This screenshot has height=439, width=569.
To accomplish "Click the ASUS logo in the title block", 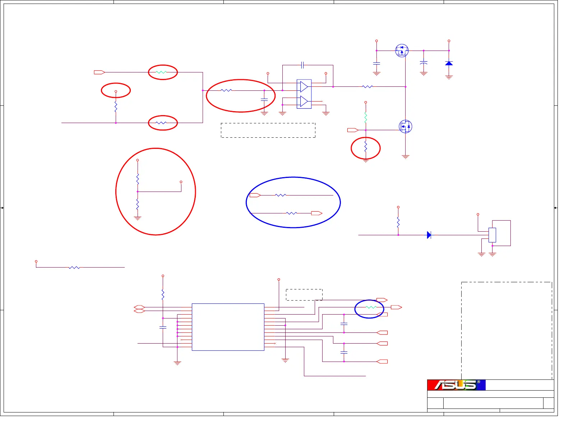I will pyautogui.click(x=456, y=385).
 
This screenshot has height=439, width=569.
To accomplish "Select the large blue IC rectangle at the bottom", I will pyautogui.click(x=228, y=327).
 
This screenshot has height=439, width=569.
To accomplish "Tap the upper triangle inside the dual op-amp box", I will pyautogui.click(x=304, y=86).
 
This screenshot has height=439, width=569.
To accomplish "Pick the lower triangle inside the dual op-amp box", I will pyautogui.click(x=304, y=102).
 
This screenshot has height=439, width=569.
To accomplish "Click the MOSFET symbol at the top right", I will pyautogui.click(x=402, y=50).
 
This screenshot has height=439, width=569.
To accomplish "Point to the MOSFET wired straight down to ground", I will pyautogui.click(x=405, y=126).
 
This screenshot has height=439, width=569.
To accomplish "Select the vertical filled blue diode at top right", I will pyautogui.click(x=449, y=63).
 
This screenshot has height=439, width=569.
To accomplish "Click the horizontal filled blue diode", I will pyautogui.click(x=429, y=235).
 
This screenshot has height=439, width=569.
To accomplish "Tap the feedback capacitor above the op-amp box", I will pyautogui.click(x=302, y=65).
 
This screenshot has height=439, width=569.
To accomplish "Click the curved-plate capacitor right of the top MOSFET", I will pyautogui.click(x=424, y=63).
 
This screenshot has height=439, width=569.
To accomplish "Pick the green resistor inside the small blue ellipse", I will pyautogui.click(x=370, y=307).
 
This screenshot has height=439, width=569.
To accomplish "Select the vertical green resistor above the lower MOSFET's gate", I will pyautogui.click(x=365, y=117).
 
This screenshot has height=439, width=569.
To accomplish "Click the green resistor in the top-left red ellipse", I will pyautogui.click(x=161, y=72).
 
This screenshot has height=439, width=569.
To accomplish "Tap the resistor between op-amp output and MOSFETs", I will pyautogui.click(x=367, y=86).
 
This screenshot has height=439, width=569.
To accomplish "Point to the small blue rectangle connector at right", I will pyautogui.click(x=492, y=235).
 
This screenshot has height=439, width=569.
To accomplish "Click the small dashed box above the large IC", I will pyautogui.click(x=304, y=294).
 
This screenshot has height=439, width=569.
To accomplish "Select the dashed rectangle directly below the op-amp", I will pyautogui.click(x=268, y=130).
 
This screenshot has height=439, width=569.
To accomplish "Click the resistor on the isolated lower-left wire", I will pyautogui.click(x=74, y=267).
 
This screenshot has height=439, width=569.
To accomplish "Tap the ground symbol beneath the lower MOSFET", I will pyautogui.click(x=405, y=157).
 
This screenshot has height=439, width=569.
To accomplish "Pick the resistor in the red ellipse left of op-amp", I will pyautogui.click(x=226, y=90).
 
